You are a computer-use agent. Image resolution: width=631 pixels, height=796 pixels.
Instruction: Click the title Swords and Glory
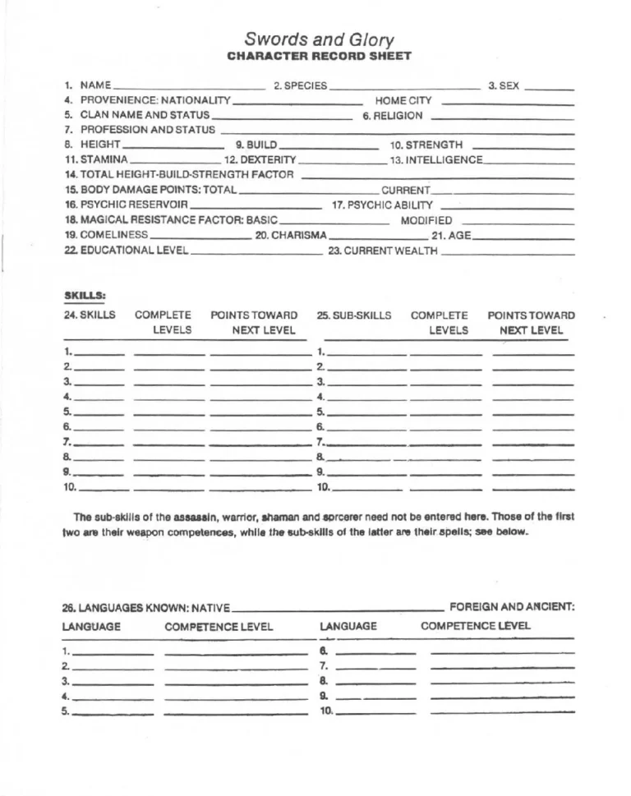pos(319,40)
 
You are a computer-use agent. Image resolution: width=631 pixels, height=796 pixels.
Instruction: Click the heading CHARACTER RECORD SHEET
pos(319,56)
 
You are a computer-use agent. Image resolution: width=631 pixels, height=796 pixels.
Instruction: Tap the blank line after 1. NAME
pos(189,86)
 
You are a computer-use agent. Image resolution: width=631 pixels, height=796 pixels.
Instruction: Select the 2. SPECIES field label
pos(300,85)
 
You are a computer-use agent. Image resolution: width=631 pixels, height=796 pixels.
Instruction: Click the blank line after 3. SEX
pos(549,86)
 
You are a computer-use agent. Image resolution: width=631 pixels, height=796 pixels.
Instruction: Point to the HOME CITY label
pos(403,100)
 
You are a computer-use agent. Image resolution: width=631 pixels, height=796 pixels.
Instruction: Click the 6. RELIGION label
pos(393,116)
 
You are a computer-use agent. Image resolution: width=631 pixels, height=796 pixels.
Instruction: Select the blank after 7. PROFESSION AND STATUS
pos(398,131)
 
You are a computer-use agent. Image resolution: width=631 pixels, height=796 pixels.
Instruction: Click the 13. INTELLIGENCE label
pos(436,159)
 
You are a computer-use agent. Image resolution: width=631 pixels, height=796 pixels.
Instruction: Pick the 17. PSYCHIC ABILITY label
pos(382,205)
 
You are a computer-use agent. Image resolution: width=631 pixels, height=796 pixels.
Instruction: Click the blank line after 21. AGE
pos(523,235)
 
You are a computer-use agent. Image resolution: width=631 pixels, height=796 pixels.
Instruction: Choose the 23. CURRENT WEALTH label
pos(383,251)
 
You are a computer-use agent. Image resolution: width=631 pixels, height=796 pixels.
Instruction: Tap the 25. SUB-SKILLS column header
pos(354,315)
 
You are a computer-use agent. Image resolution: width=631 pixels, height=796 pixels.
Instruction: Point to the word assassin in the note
pos(194,517)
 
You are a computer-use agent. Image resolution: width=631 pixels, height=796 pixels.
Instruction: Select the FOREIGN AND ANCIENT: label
pos(512,607)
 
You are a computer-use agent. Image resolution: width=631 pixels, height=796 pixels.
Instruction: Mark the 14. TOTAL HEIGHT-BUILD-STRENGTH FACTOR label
pos(179,175)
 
